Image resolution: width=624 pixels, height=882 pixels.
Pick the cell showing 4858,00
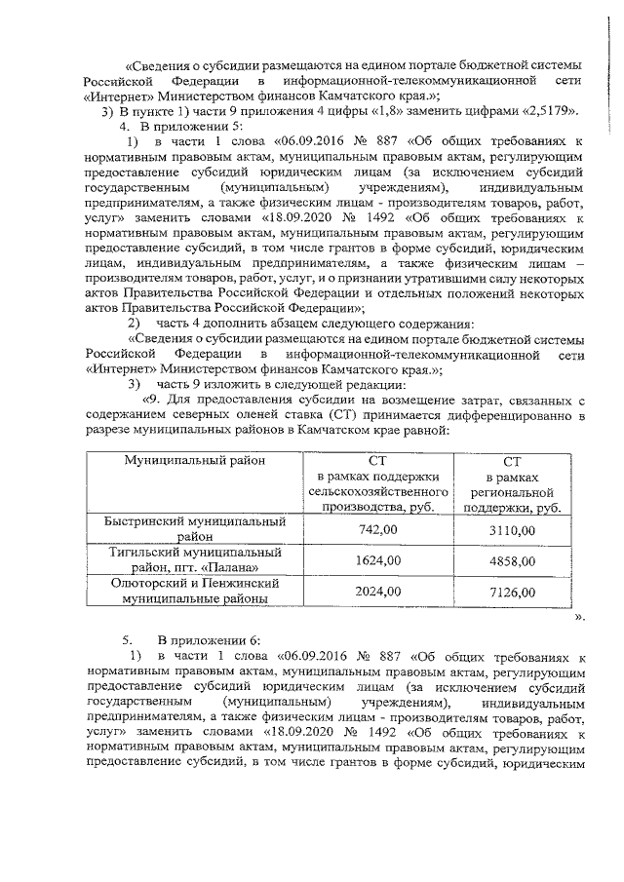[512, 561]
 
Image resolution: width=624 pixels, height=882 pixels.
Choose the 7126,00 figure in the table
[512, 592]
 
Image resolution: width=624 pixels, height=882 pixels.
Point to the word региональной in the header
[512, 491]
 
